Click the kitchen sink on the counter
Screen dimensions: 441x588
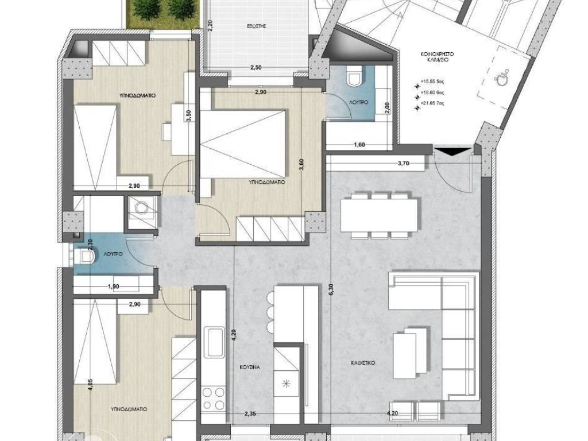tap(215, 342)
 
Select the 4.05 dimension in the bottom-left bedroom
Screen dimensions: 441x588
tap(90, 384)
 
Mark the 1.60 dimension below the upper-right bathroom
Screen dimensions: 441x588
tap(360, 145)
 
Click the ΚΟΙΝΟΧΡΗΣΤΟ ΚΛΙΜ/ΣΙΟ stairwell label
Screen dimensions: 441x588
tap(438, 56)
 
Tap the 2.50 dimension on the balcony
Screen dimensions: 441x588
tap(256, 68)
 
